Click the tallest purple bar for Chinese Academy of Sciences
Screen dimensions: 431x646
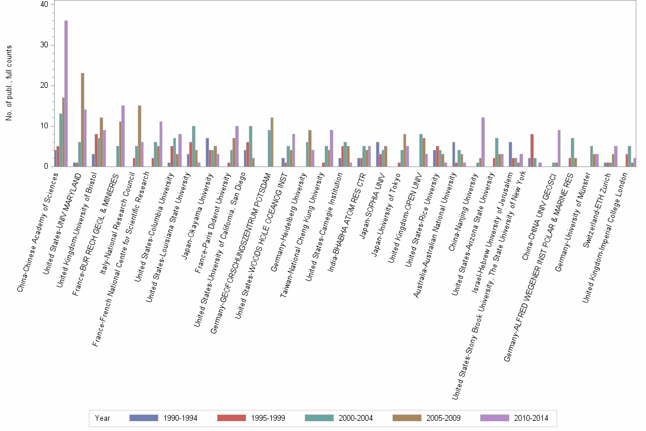point(66,93)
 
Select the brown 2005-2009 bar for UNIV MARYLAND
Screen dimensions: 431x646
point(83,120)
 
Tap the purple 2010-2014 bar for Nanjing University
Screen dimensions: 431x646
point(483,142)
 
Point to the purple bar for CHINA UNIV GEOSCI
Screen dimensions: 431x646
point(559,148)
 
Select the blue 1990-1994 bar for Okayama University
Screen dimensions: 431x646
point(207,152)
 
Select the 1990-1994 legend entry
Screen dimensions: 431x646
point(163,418)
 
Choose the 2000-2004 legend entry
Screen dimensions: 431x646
point(340,418)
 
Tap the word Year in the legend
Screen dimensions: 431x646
point(103,418)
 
